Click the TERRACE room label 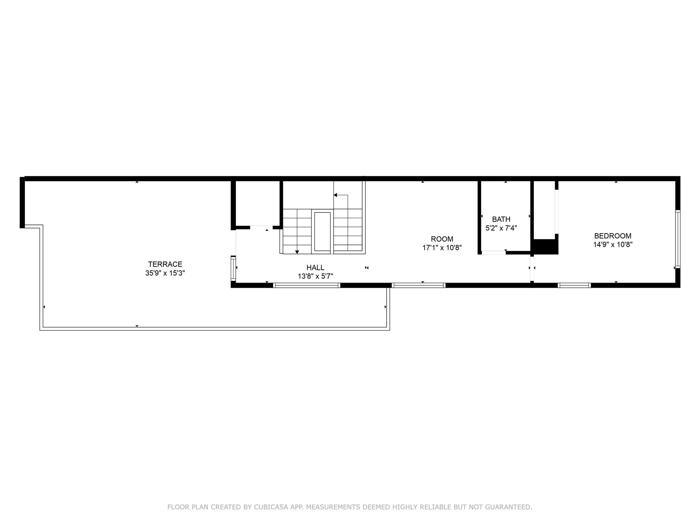[x=165, y=264]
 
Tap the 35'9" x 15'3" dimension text [x=165, y=273]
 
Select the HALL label [x=315, y=268]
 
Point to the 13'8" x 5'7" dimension [x=315, y=276]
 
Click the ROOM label [x=442, y=239]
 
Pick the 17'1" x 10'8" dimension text [x=442, y=248]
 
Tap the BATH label [x=501, y=219]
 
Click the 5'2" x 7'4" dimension [x=501, y=228]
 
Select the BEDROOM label [x=613, y=236]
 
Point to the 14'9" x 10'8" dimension [x=613, y=245]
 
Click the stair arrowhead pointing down [x=297, y=252]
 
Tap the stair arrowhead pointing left [x=335, y=195]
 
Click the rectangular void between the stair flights [x=322, y=231]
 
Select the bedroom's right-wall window [x=678, y=239]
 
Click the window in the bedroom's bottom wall [x=574, y=285]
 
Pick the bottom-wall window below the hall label [x=307, y=285]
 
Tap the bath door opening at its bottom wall [x=494, y=253]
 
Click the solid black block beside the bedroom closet [x=546, y=247]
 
